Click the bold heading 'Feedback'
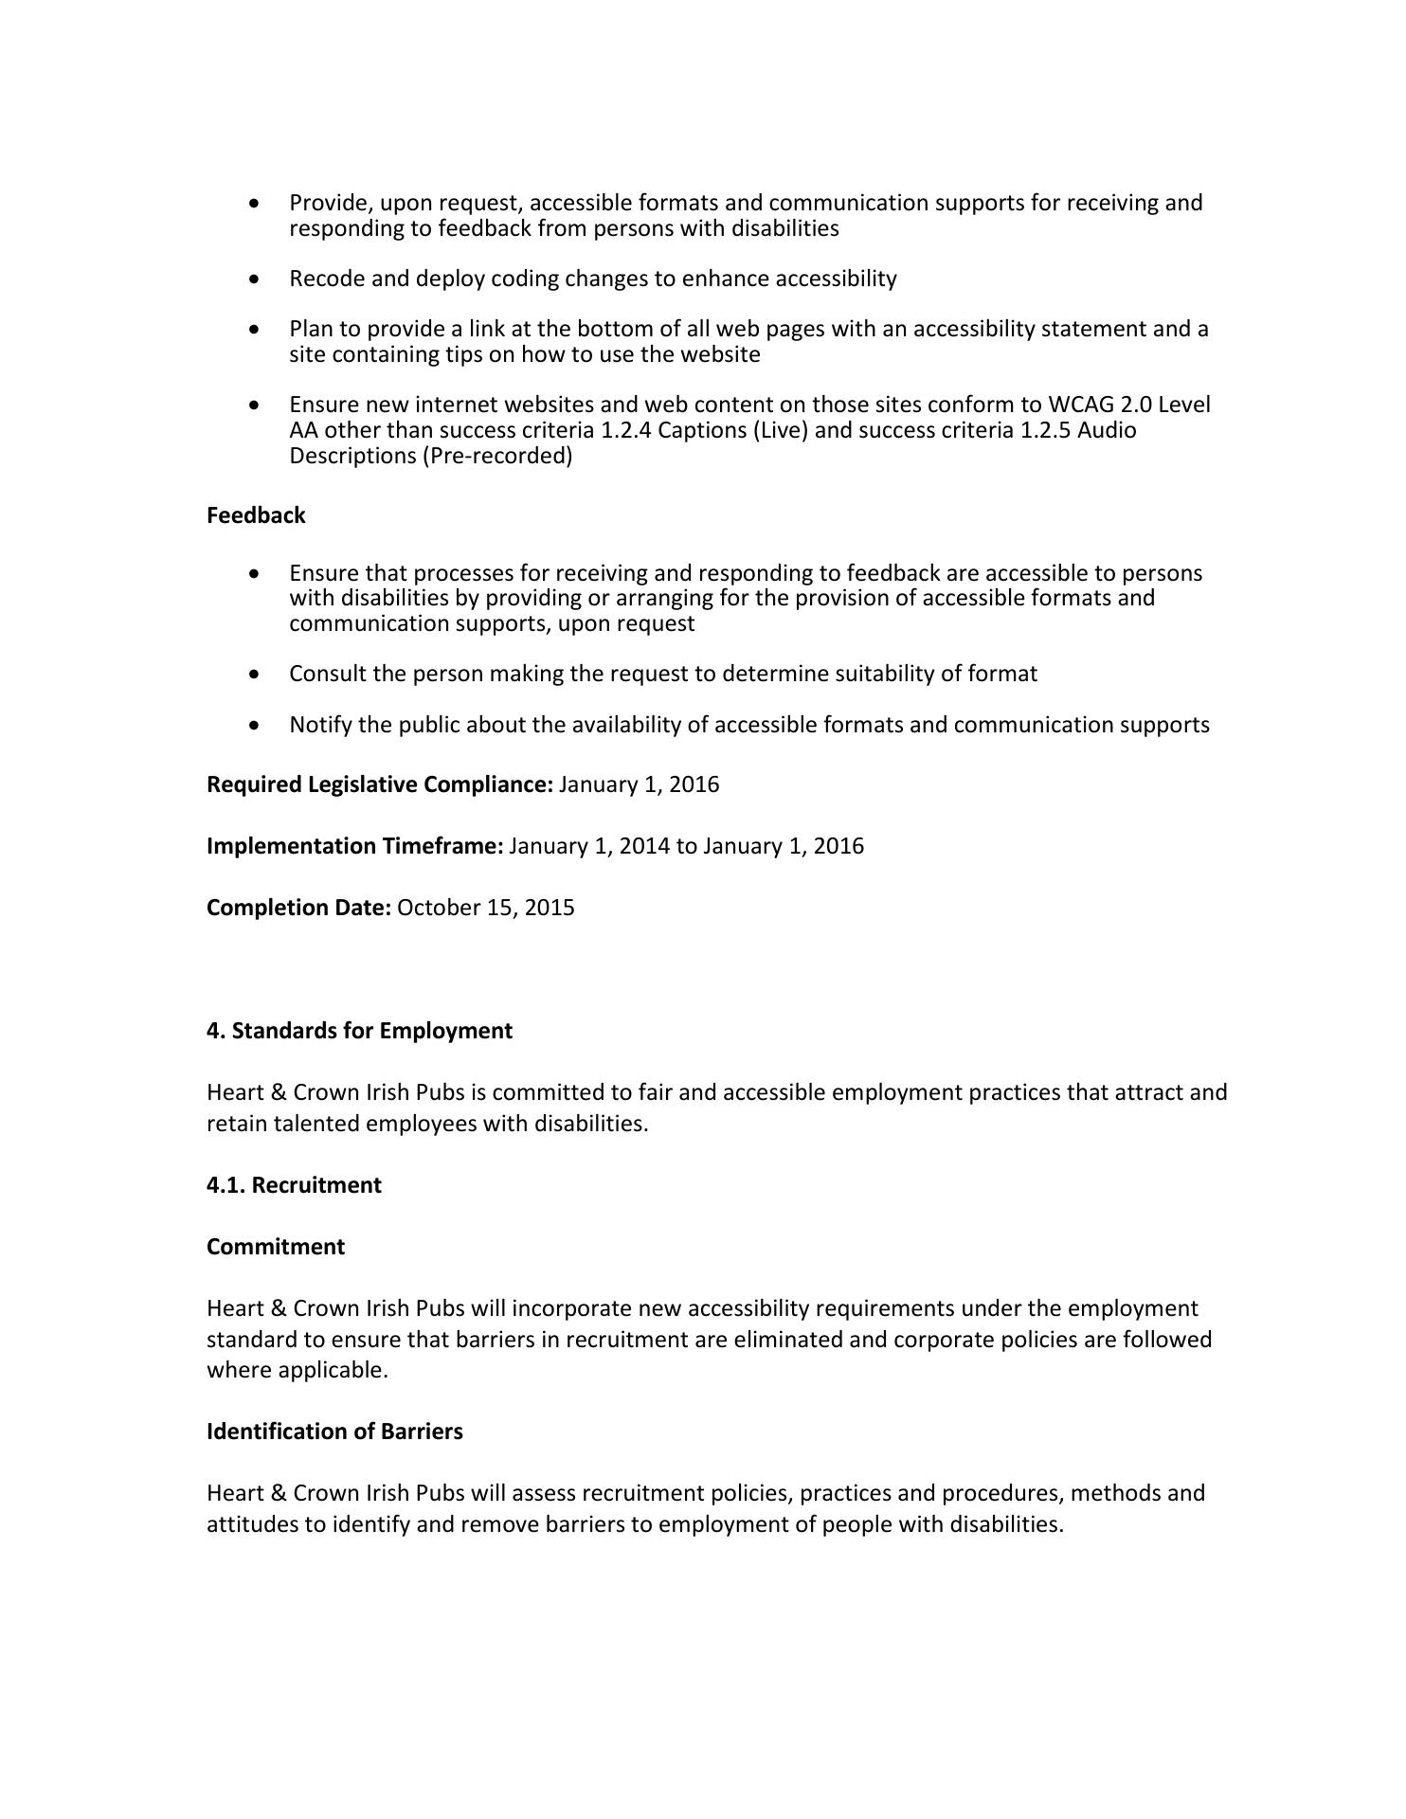point(256,515)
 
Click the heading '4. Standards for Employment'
point(359,1031)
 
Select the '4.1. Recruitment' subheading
point(294,1185)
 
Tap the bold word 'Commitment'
point(276,1247)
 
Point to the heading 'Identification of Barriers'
point(334,1432)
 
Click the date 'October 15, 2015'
point(485,908)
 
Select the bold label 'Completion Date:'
point(298,908)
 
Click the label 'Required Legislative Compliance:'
point(379,784)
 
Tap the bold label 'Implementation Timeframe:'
point(354,846)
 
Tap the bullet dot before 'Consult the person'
point(254,675)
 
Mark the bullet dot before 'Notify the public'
point(254,725)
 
